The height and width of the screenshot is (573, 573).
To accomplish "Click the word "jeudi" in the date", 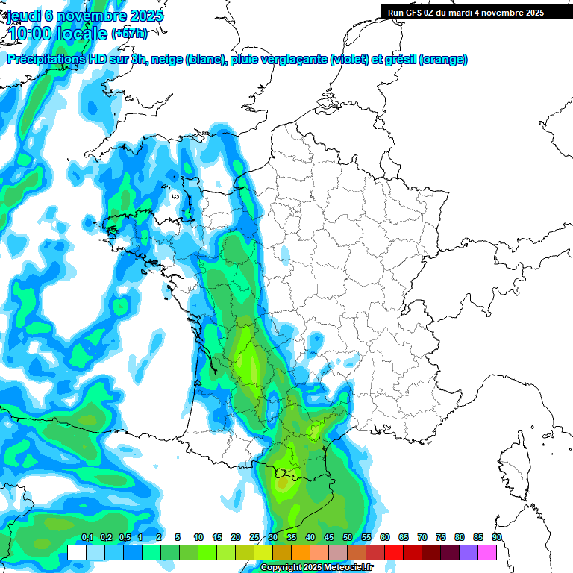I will point(24,16).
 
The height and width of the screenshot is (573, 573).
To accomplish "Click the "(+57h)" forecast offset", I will point(129,33).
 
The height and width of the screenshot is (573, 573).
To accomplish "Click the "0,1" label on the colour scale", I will point(87,538).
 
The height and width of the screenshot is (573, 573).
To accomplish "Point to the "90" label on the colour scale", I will point(497,538).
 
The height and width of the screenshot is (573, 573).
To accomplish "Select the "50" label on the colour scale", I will point(348,538).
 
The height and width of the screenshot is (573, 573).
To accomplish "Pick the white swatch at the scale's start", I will point(76,552).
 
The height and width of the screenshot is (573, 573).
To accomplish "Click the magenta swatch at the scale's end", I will point(487,552).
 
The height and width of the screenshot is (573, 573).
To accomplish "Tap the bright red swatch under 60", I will point(394,552).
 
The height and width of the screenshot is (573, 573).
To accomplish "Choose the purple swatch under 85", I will point(469,552).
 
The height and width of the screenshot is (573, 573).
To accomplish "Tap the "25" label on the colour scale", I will point(254,538).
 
